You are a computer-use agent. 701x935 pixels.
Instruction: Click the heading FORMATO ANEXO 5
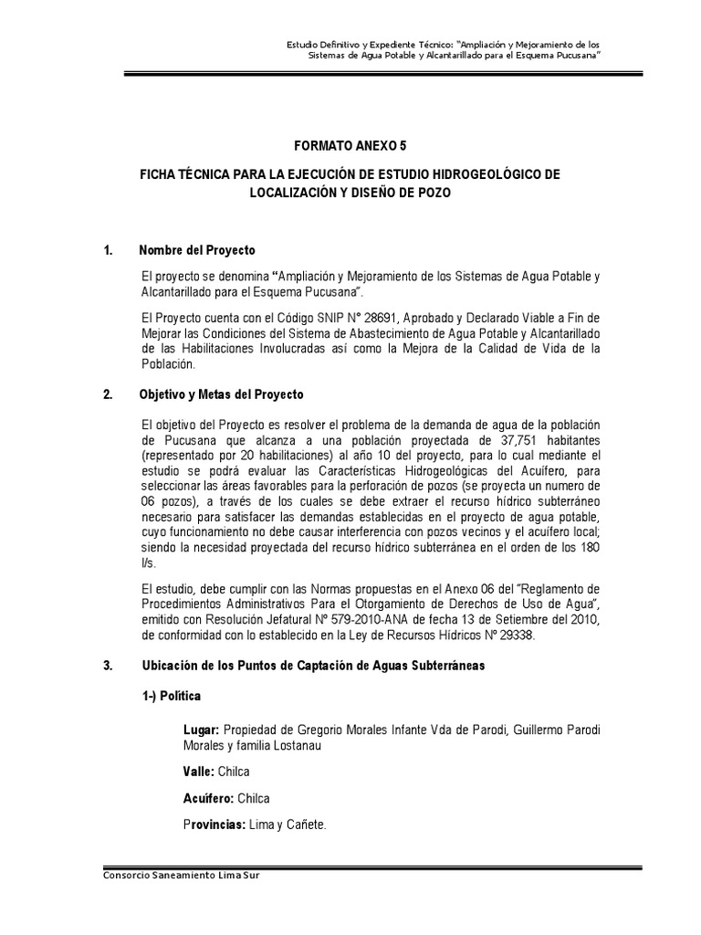pyautogui.click(x=350, y=144)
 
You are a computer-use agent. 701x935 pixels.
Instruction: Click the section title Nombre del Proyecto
pyautogui.click(x=197, y=250)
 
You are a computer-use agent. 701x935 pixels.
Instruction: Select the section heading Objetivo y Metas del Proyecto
pyautogui.click(x=221, y=394)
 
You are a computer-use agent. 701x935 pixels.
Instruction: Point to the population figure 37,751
pyautogui.click(x=500, y=439)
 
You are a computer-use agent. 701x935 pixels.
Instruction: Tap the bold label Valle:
pyautogui.click(x=200, y=772)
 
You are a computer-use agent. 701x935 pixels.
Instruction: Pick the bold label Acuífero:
pyautogui.click(x=208, y=798)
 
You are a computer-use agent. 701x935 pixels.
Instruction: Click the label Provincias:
pyautogui.click(x=217, y=825)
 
